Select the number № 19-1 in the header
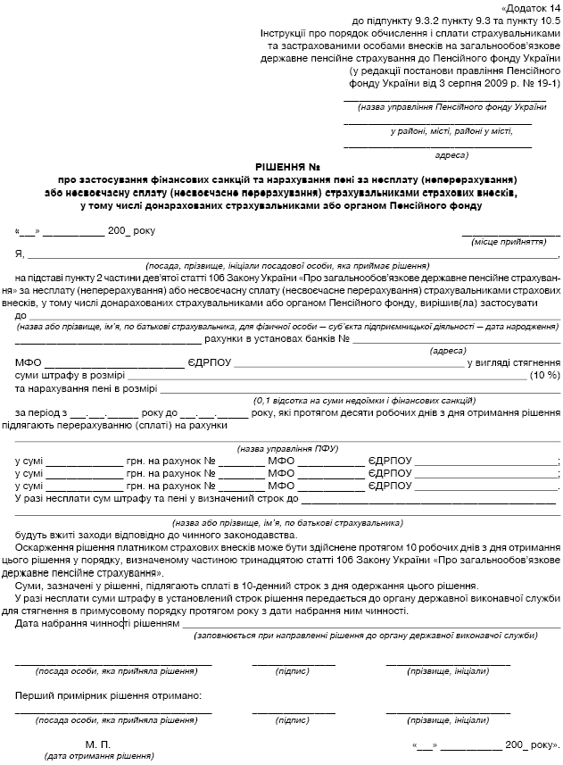click(541, 84)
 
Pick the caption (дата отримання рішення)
click(97, 756)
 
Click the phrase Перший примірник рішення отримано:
click(108, 694)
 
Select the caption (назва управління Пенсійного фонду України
click(445, 107)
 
